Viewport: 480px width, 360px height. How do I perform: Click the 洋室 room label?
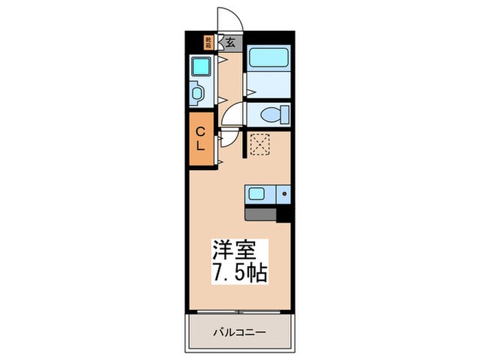(x=240, y=249)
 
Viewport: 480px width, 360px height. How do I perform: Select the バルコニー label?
(x=239, y=333)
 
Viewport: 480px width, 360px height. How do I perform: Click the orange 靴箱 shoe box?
(x=208, y=42)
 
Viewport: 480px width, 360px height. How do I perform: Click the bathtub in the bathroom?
(x=268, y=58)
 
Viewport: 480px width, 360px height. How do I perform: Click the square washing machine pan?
(x=200, y=67)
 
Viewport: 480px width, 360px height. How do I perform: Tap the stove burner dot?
(x=283, y=195)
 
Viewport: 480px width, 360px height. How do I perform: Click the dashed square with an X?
(x=259, y=143)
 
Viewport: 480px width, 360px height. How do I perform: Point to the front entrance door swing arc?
(x=226, y=19)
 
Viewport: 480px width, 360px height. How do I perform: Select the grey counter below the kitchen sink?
(x=261, y=213)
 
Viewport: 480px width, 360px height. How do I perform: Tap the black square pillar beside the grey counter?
(x=284, y=214)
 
